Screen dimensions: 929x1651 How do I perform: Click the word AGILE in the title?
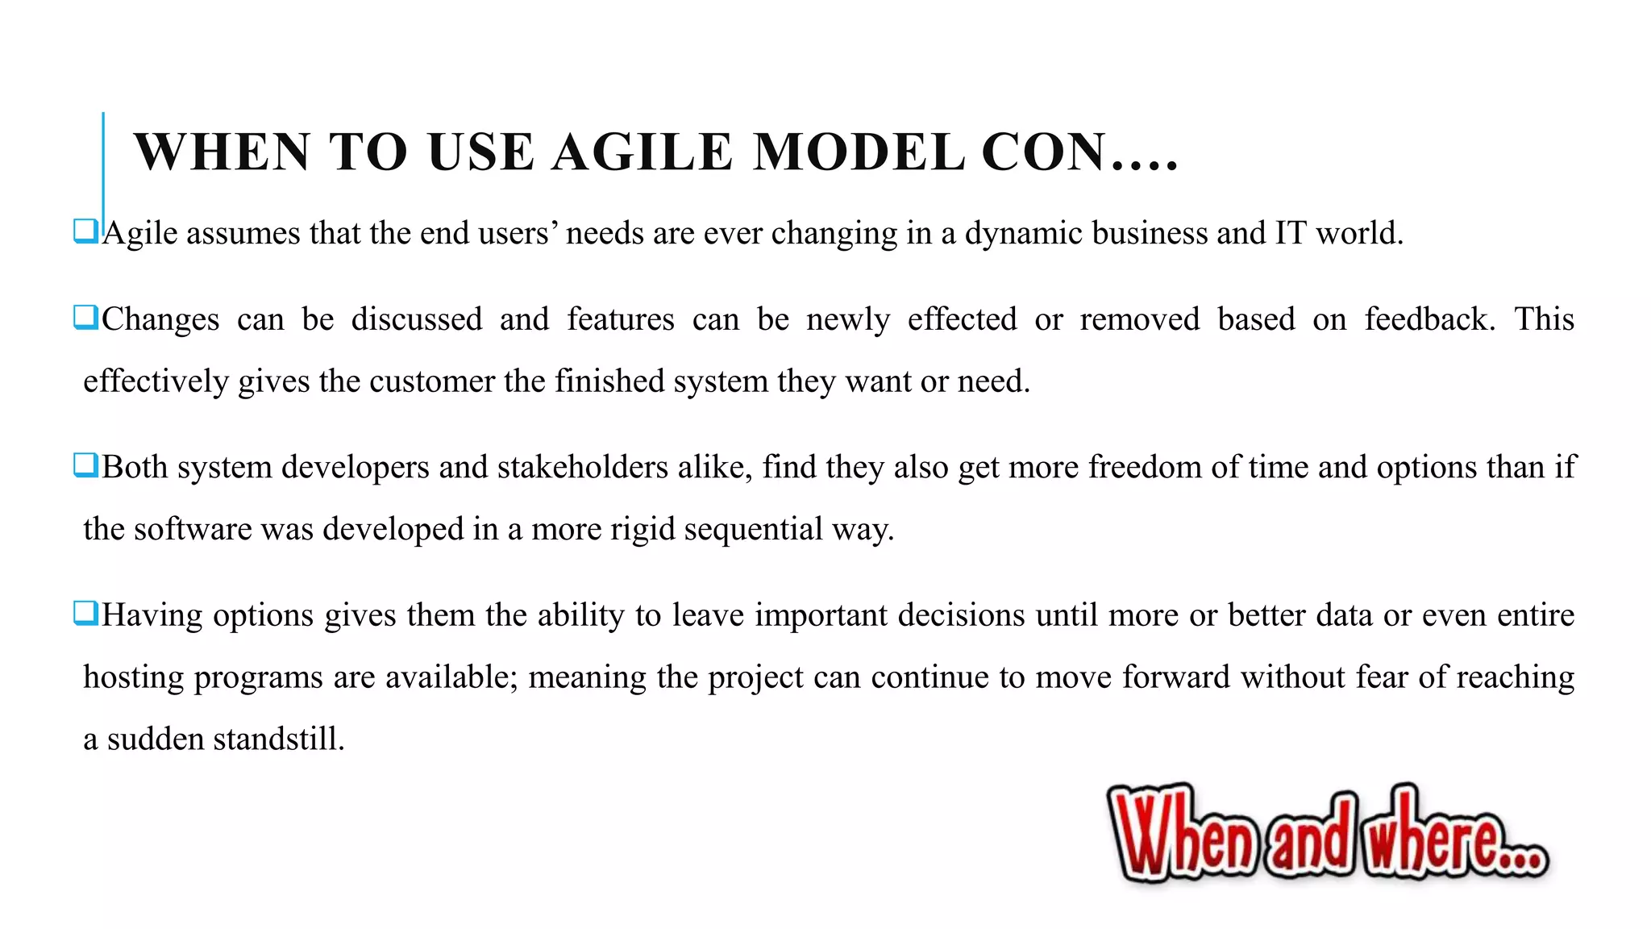pos(642,152)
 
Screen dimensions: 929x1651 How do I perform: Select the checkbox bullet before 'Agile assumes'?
pos(85,231)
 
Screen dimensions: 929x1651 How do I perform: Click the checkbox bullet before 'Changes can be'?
pos(85,317)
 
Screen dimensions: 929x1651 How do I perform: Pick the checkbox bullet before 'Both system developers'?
pos(85,465)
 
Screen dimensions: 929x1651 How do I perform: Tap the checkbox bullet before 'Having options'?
pos(85,613)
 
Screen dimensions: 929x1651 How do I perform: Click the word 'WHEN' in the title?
pos(222,152)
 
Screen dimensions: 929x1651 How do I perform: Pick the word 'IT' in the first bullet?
pos(1290,234)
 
